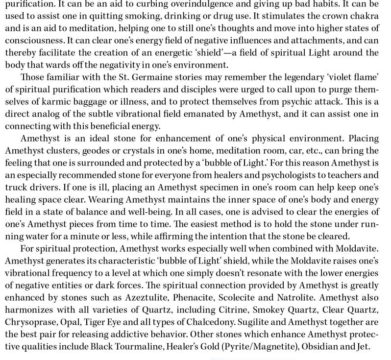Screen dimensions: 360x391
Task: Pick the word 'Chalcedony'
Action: [198, 320]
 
